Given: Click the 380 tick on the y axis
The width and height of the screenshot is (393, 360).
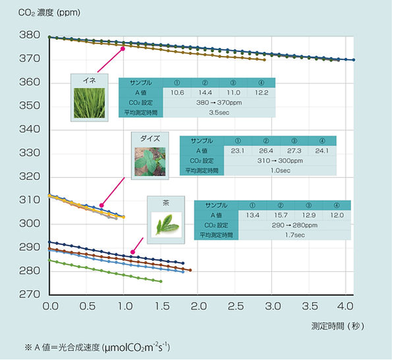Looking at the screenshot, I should (29, 36).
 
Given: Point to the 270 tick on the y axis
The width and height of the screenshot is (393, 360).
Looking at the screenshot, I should (29, 295).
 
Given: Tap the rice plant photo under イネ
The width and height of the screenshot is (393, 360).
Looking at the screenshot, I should (89, 102).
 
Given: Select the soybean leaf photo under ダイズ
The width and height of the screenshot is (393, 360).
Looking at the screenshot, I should (150, 162).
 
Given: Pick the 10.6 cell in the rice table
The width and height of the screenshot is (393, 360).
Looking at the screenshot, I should (177, 92).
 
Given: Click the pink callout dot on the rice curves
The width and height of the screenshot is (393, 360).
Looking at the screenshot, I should (122, 49).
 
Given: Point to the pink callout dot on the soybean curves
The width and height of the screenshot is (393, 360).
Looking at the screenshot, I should (101, 205).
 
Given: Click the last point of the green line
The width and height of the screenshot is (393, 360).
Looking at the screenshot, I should (161, 281).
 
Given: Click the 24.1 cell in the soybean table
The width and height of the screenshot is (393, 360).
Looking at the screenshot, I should (322, 151).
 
